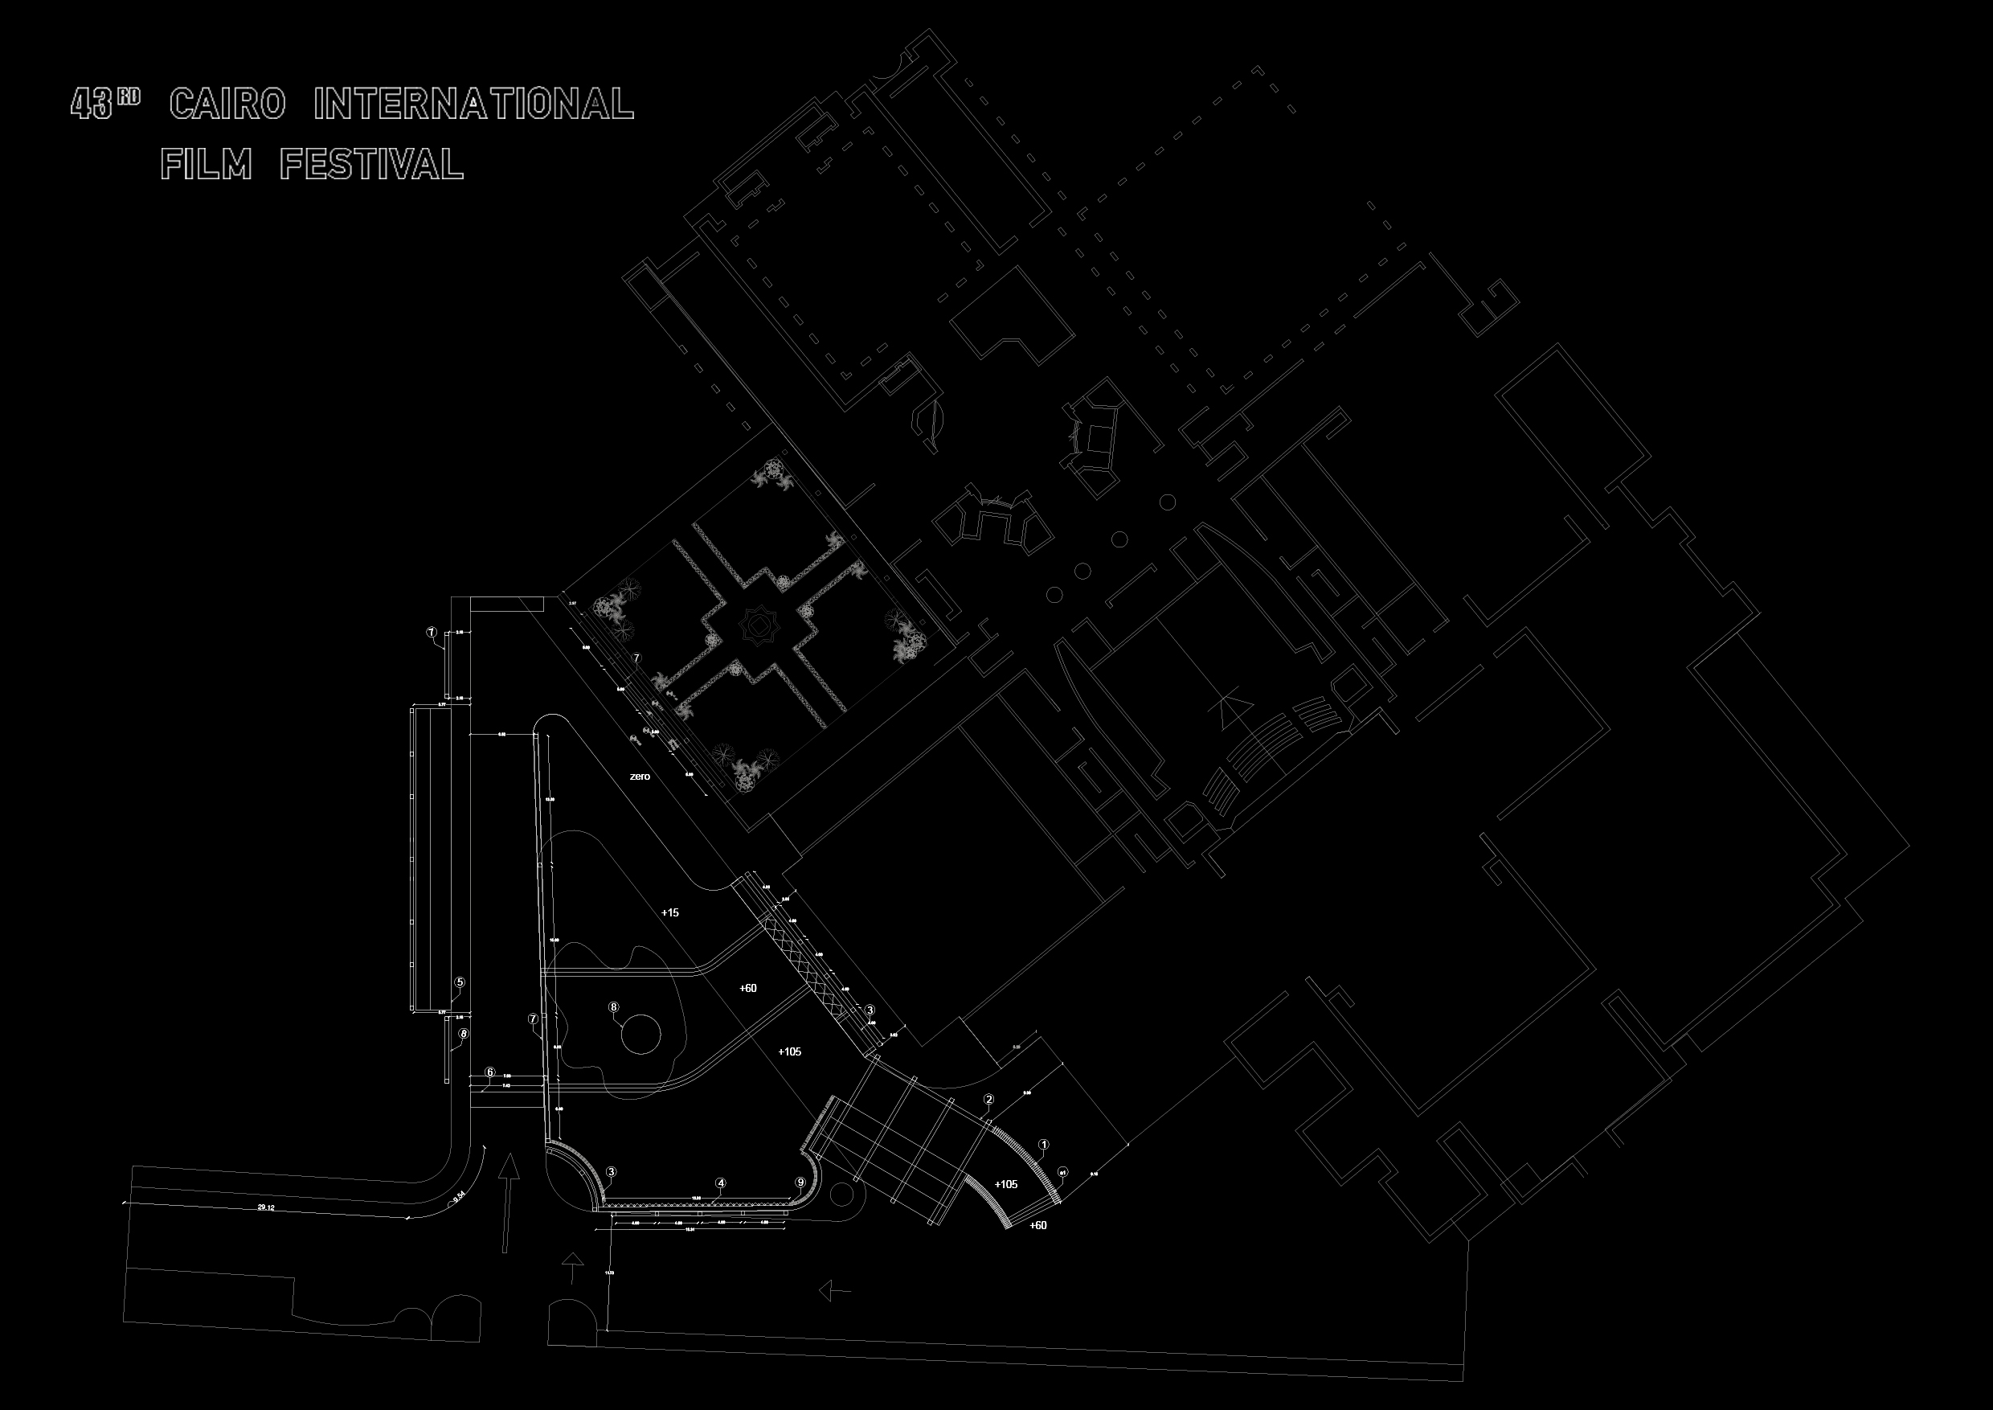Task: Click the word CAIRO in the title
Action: pyautogui.click(x=227, y=105)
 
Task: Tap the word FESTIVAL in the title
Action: pyautogui.click(x=371, y=164)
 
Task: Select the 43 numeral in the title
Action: pyautogui.click(x=92, y=105)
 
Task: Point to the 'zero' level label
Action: pyautogui.click(x=640, y=777)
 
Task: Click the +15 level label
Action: pyautogui.click(x=669, y=912)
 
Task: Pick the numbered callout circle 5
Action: pyautogui.click(x=460, y=983)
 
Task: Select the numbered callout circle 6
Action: pyautogui.click(x=489, y=1072)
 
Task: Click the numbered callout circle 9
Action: pyautogui.click(x=800, y=1182)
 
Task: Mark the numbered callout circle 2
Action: pyautogui.click(x=988, y=1099)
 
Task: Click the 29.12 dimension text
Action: pyautogui.click(x=266, y=1207)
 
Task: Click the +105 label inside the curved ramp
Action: pyautogui.click(x=1006, y=1184)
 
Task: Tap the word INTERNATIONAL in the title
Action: pyautogui.click(x=473, y=105)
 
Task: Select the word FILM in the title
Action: pyautogui.click(x=207, y=164)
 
